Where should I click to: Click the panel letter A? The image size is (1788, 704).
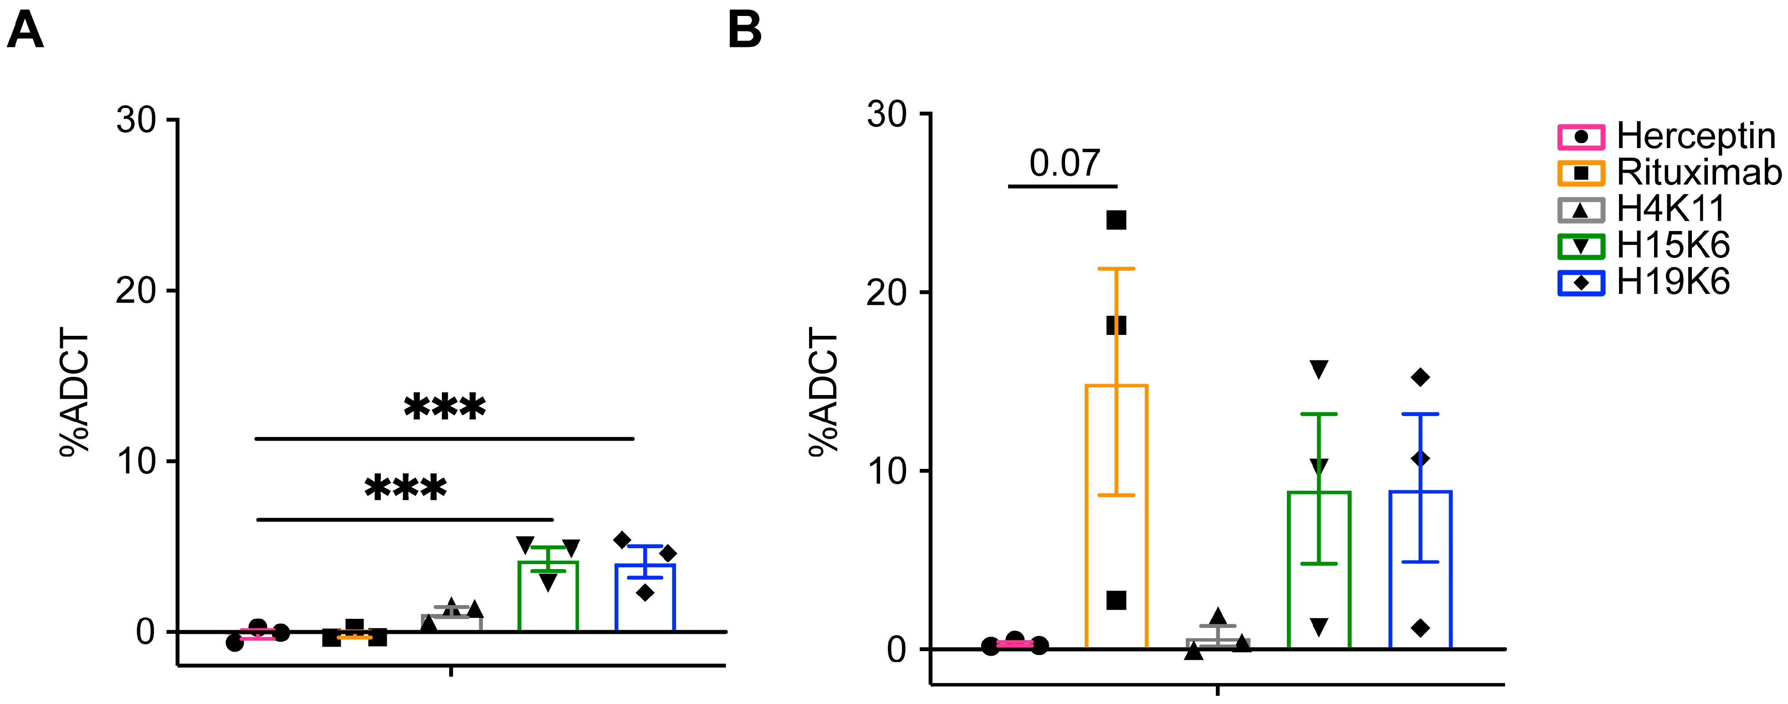pos(25,31)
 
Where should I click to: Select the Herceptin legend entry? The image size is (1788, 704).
pos(1666,136)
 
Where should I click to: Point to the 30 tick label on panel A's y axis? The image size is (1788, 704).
pos(136,120)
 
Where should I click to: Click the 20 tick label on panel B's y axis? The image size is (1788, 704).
pos(886,292)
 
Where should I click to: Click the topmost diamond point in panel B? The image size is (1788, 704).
pos(1420,378)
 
